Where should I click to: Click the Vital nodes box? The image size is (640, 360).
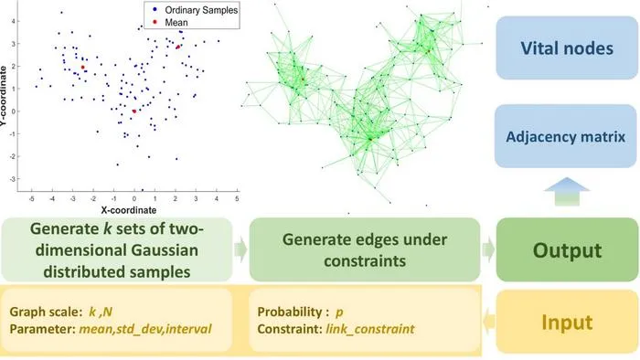coord(567,48)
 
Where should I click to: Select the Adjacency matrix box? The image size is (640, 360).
coord(566,136)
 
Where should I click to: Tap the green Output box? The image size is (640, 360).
coord(567,249)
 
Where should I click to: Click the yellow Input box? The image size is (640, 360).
coord(567,322)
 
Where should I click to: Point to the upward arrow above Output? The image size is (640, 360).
coord(567,192)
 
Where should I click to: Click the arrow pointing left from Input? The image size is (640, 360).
coord(489,322)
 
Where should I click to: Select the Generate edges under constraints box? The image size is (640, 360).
coord(365,249)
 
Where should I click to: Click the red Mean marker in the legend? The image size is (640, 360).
coord(155,22)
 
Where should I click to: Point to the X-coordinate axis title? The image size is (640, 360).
coord(129,210)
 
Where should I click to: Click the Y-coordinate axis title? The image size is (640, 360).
coord(4,96)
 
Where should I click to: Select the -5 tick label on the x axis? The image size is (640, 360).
coord(32,199)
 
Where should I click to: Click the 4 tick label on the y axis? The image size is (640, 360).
coord(13,21)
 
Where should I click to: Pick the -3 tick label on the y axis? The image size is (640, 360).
coord(12,179)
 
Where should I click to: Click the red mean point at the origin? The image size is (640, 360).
coord(134,111)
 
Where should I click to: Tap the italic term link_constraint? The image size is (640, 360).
coord(370,329)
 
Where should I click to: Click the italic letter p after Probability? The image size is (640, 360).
coord(339,312)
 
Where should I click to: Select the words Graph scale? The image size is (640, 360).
coord(46,312)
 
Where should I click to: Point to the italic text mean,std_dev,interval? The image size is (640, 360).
coord(145,329)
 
